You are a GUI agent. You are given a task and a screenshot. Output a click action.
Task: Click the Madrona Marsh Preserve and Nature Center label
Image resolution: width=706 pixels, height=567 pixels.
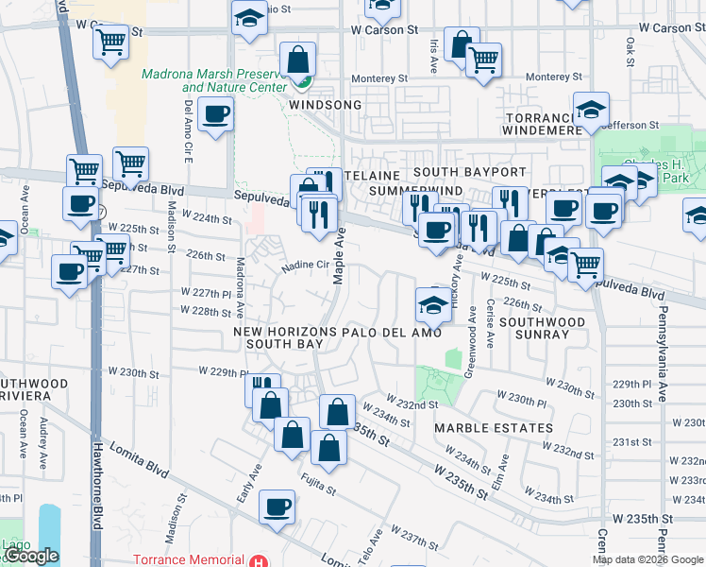[x=213, y=80]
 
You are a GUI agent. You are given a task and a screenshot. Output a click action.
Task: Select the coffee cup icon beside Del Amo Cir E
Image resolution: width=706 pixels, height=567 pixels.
[x=215, y=115]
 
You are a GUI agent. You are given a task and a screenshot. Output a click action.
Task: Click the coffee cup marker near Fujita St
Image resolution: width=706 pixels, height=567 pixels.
[x=277, y=507]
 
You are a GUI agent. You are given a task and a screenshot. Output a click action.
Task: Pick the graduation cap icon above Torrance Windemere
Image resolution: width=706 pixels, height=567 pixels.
[x=591, y=111]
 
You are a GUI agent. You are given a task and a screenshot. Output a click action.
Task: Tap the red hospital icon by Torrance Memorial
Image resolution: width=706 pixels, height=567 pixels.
[x=258, y=560]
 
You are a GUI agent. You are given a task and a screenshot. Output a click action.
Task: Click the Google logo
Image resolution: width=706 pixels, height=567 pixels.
[x=31, y=557]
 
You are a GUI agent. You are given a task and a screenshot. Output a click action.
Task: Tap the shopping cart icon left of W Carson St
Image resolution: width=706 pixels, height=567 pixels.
[x=111, y=43]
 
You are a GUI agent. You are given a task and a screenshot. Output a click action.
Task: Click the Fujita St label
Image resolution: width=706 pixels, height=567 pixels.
[x=319, y=490]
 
